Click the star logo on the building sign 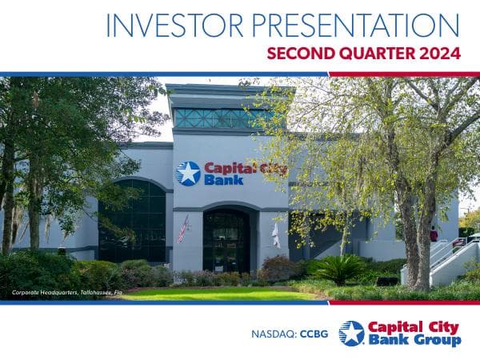[x=188, y=174]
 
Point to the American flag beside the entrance [x=183, y=229]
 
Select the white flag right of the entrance [x=275, y=234]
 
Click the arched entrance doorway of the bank [x=226, y=240]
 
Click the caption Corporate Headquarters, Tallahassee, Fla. [x=67, y=294]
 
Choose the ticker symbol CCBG [x=315, y=332]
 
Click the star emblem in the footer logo [x=351, y=333]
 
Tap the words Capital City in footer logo [x=414, y=326]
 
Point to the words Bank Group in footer [x=414, y=341]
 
